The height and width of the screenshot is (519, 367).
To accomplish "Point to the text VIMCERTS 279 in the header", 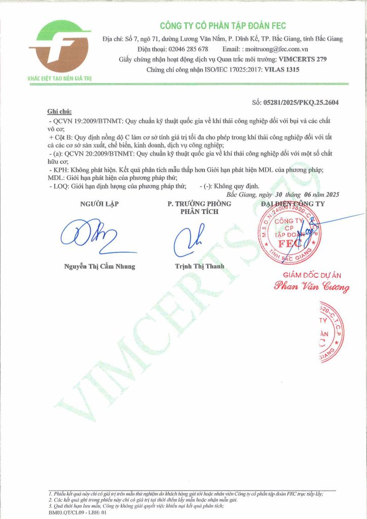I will coord(303,59).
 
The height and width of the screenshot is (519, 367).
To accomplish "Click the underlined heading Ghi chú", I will coord(59,112).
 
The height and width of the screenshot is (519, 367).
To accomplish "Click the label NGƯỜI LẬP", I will coord(96,204).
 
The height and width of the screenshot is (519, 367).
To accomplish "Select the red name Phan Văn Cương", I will coord(311,287).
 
